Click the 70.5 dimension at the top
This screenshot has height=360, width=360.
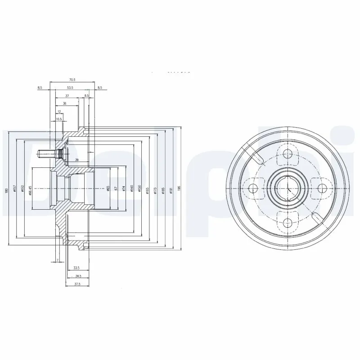coord(72,80)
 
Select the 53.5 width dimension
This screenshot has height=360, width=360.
coord(70,88)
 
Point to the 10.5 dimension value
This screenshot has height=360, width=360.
coord(59,119)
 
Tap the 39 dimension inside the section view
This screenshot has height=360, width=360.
coord(76,160)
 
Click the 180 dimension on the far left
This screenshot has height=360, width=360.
coord(7,190)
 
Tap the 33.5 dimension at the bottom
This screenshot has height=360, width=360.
coord(76,268)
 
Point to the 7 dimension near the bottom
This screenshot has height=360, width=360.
coord(58,261)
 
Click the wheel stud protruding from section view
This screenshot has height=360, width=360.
coord(45,154)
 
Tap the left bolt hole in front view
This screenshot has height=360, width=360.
coord(253,188)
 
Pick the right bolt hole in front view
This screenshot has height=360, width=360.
coord(321,188)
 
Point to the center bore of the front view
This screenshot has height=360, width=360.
coord(287,188)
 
